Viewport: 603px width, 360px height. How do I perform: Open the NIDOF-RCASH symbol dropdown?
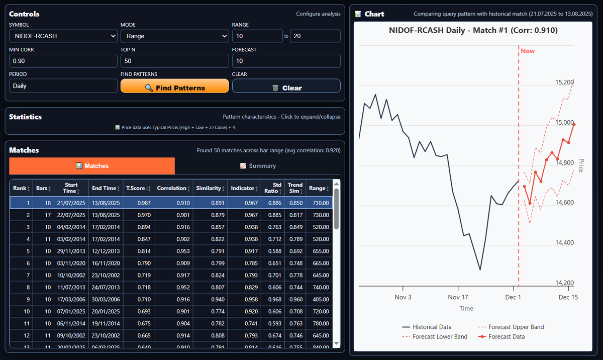pos(63,36)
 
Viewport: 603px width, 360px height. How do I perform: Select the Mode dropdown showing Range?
pos(174,36)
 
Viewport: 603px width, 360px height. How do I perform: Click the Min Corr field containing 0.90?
pos(63,61)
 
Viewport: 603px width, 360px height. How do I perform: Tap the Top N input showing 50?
pos(174,61)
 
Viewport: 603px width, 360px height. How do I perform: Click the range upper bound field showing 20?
pos(315,36)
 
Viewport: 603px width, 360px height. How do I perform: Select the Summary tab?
pos(258,166)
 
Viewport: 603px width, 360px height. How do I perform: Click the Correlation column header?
pos(172,188)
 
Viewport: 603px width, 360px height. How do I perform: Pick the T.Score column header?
pos(137,188)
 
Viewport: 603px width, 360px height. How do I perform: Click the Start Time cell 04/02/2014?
pos(71,227)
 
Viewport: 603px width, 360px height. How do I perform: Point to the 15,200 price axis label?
pos(563,82)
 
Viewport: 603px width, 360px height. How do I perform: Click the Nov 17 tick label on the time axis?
pos(458,297)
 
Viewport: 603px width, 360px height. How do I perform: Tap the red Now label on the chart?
pos(528,51)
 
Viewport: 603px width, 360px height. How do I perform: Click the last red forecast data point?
pos(574,124)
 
